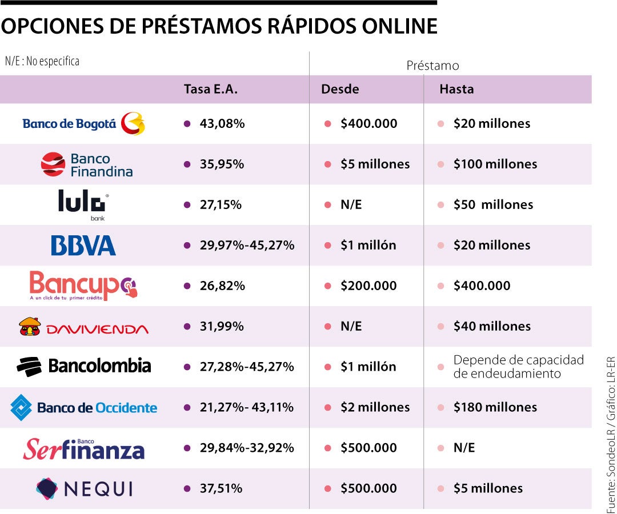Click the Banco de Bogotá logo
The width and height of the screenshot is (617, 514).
[83, 123]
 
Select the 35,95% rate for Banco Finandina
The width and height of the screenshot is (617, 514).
[222, 164]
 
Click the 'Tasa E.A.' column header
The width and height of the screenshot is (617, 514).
[210, 89]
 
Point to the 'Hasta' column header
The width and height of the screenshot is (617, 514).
[456, 89]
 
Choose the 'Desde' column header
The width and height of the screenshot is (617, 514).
[340, 89]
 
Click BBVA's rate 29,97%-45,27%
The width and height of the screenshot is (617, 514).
[247, 245]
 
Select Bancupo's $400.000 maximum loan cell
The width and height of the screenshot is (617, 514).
[482, 286]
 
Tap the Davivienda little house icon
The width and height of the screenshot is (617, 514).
[30, 327]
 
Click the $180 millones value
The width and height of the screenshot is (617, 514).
[495, 407]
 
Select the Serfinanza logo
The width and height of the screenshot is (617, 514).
[83, 449]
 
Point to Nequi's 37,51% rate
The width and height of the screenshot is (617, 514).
[221, 488]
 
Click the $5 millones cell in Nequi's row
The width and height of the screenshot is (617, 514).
[488, 488]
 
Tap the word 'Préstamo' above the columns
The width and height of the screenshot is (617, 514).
[432, 66]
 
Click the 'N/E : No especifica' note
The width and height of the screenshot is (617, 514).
[42, 61]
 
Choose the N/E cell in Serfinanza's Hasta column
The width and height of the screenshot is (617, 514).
[464, 448]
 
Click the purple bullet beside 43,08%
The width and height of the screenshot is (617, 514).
[187, 123]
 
